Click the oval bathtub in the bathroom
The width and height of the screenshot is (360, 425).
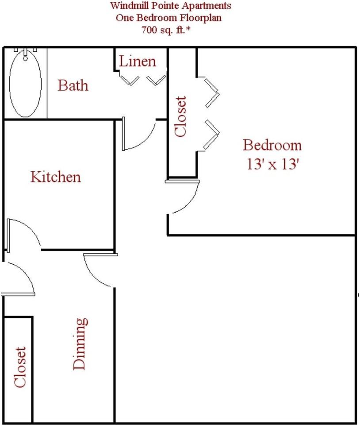[25, 84]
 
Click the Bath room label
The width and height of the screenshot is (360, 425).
[73, 85]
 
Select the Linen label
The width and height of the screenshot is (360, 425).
[137, 61]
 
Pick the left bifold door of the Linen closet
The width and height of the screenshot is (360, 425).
[129, 80]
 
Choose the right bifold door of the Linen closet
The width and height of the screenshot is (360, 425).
[157, 80]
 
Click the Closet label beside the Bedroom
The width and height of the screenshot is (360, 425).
[181, 116]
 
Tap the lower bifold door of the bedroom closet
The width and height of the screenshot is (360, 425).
[212, 134]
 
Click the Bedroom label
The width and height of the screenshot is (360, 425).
[272, 145]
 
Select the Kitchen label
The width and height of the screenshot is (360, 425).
[56, 177]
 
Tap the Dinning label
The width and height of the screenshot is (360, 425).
[80, 344]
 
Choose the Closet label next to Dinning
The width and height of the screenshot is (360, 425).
[20, 367]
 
